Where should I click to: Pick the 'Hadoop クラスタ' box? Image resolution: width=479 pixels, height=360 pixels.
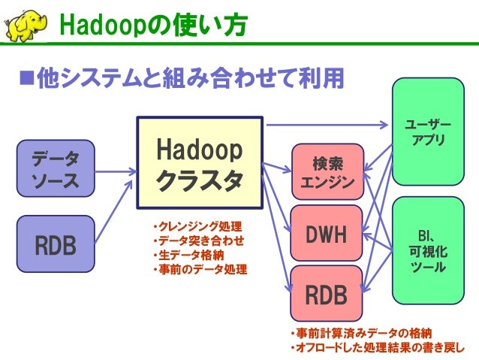point(199,162)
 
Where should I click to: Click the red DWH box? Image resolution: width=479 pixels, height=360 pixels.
point(327,234)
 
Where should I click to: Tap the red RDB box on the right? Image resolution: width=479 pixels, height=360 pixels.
point(327,295)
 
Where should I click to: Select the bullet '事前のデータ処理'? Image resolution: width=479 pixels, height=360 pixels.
point(198,269)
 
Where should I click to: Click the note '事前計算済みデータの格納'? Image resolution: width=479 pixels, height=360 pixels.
point(360,333)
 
